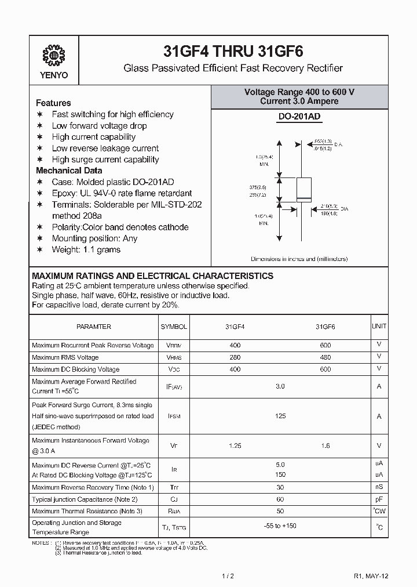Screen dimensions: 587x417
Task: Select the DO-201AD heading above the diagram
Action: pyautogui.click(x=299, y=117)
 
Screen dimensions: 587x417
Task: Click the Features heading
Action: pyautogui.click(x=53, y=103)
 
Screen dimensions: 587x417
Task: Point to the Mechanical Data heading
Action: pyautogui.click(x=69, y=171)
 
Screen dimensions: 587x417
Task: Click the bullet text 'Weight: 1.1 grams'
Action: pyautogui.click(x=86, y=249)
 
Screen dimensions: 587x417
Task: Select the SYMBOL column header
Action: pyautogui.click(x=174, y=327)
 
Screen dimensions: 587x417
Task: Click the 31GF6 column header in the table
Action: pyautogui.click(x=325, y=327)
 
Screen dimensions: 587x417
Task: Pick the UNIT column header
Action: pyautogui.click(x=379, y=327)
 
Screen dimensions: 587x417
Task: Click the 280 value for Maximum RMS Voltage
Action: pyautogui.click(x=235, y=357)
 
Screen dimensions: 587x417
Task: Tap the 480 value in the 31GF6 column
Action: pyautogui.click(x=325, y=357)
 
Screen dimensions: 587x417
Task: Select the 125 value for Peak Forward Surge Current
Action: pyautogui.click(x=280, y=416)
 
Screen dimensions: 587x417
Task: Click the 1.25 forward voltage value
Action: pyautogui.click(x=235, y=445)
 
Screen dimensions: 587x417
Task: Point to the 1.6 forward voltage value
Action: pyautogui.click(x=325, y=445)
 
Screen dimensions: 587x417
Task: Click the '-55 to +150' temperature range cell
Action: pyautogui.click(x=280, y=527)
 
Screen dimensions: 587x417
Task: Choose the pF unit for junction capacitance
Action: pyautogui.click(x=379, y=499)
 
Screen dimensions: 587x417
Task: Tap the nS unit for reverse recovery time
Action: pyautogui.click(x=379, y=487)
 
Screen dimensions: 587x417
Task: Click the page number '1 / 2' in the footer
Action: pyautogui.click(x=228, y=575)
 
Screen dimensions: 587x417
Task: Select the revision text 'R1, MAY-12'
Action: pyautogui.click(x=371, y=575)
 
